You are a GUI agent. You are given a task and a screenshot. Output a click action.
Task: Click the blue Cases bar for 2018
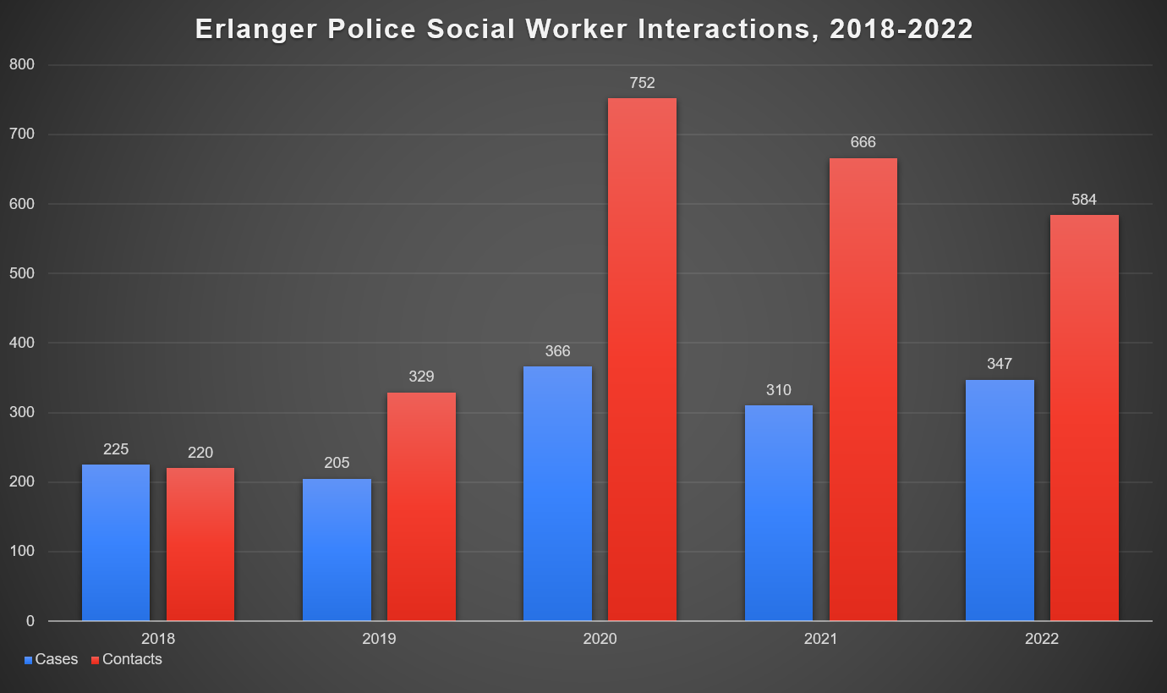coord(116,542)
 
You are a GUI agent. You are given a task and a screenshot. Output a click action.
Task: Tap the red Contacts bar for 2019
coord(421,507)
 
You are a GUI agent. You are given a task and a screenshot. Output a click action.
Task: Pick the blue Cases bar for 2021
coord(778,513)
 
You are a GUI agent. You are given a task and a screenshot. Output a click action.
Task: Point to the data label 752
coord(642,83)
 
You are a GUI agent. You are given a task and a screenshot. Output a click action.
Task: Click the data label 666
coord(863,143)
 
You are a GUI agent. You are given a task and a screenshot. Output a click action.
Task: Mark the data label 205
coord(337,463)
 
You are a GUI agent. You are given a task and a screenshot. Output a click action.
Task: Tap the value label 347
coord(1000,364)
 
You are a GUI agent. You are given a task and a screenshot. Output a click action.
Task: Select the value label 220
coord(200,453)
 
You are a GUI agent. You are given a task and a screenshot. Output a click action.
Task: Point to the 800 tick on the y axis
coord(21,64)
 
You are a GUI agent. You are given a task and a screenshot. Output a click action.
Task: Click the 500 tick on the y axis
coord(21,273)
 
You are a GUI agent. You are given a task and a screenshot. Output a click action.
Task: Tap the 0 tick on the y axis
coord(30,621)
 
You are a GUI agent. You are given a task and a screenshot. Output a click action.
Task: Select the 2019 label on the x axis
coord(379,639)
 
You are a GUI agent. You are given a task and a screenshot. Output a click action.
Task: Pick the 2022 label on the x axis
coord(1041,639)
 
